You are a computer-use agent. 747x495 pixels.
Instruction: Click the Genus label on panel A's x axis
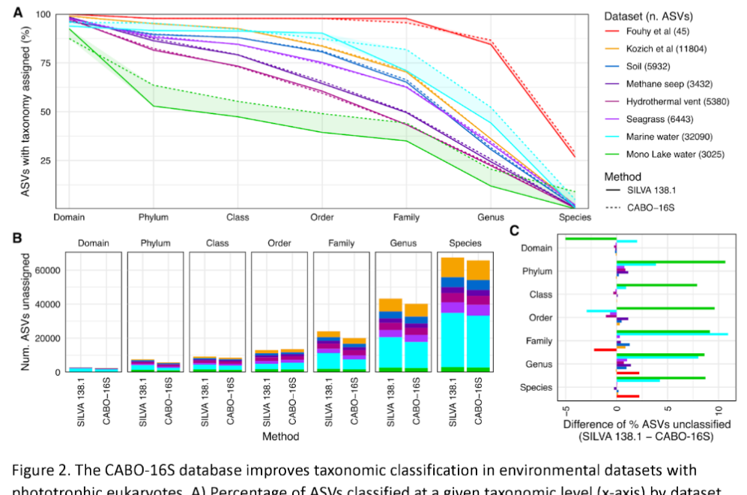(x=491, y=217)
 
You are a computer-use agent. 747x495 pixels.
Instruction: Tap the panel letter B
(x=16, y=238)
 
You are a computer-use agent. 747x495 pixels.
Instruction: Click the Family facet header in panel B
(x=341, y=243)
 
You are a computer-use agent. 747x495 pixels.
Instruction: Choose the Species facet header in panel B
(x=465, y=243)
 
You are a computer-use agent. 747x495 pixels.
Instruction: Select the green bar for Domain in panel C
(x=590, y=238)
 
